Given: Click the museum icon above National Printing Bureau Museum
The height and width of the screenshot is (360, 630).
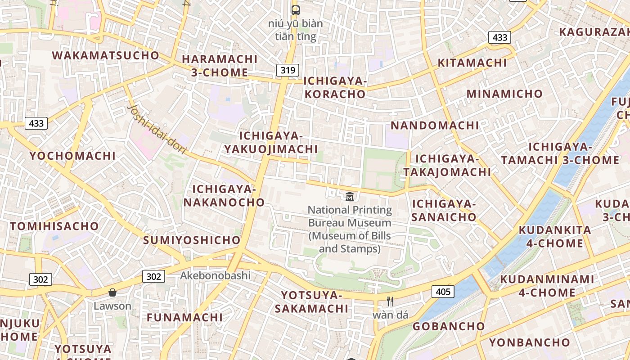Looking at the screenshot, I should tap(349, 196).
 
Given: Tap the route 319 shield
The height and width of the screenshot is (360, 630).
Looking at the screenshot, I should tap(288, 70).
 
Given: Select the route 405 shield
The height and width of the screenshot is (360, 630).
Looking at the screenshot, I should tap(443, 292).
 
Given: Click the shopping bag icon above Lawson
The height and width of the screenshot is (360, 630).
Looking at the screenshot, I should tap(112, 292).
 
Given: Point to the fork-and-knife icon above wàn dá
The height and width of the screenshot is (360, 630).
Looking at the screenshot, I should tap(390, 301).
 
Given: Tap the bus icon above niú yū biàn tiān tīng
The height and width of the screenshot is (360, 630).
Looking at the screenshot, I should tap(296, 10).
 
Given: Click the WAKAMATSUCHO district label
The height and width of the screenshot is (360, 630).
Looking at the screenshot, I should tap(106, 55).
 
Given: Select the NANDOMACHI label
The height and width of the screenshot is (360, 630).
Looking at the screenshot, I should tap(435, 125).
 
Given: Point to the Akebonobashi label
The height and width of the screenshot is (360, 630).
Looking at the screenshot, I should tap(215, 275).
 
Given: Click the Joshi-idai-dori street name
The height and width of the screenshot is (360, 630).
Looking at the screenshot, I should tap(157, 130).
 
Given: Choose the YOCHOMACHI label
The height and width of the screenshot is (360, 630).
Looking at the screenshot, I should tap(73, 156).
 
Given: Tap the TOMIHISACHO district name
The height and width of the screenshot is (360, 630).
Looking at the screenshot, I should tap(54, 226).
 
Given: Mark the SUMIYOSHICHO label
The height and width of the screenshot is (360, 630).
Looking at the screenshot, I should tap(192, 240).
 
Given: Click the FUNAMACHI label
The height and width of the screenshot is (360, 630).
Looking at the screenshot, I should tap(184, 317).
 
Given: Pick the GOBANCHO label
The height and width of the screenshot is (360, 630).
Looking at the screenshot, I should tap(449, 326).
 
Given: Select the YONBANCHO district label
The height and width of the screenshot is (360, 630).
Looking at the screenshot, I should tap(530, 342).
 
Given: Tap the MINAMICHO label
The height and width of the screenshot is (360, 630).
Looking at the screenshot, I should tap(504, 94).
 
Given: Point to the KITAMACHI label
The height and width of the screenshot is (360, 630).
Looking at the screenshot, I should tap(472, 63).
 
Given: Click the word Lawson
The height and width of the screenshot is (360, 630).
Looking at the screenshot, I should tap(112, 306).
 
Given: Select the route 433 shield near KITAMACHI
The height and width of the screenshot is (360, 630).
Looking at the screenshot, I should tap(500, 37).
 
